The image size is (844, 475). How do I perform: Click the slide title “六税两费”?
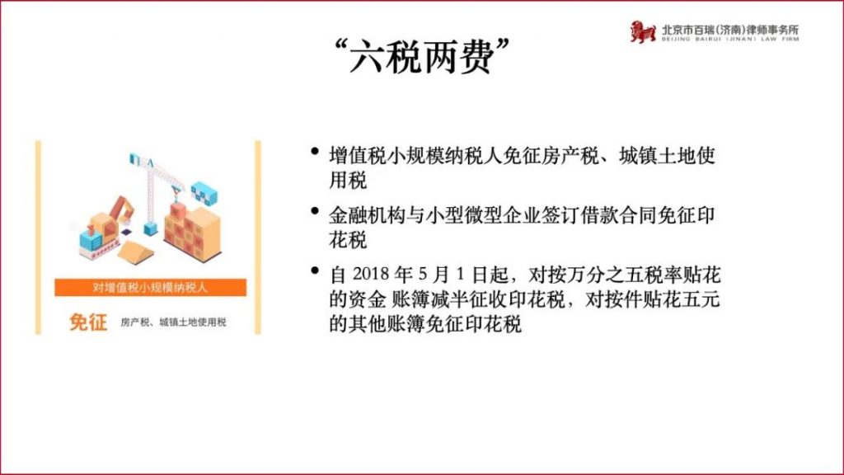pyautogui.click(x=421, y=56)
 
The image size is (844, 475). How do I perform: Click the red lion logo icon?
pyautogui.click(x=643, y=31)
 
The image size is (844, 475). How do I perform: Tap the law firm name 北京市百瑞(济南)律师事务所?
pyautogui.click(x=730, y=29)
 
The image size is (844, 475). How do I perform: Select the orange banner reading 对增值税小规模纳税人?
pyautogui.click(x=150, y=287)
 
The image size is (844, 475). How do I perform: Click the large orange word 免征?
pyautogui.click(x=88, y=322)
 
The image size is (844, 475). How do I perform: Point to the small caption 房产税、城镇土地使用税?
pyautogui.click(x=173, y=322)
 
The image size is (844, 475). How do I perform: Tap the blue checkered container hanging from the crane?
pyautogui.click(x=204, y=193)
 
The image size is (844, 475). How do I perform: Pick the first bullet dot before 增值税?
pyautogui.click(x=315, y=152)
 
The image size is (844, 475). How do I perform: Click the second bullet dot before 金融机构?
pyautogui.click(x=315, y=211)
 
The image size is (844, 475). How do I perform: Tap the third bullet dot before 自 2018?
pyautogui.click(x=315, y=270)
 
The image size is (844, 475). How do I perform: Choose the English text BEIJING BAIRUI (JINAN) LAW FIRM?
pyautogui.click(x=730, y=40)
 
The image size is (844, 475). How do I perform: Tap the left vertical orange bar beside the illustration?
pyautogui.click(x=38, y=237)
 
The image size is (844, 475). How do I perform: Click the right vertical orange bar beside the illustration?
pyautogui.click(x=258, y=237)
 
